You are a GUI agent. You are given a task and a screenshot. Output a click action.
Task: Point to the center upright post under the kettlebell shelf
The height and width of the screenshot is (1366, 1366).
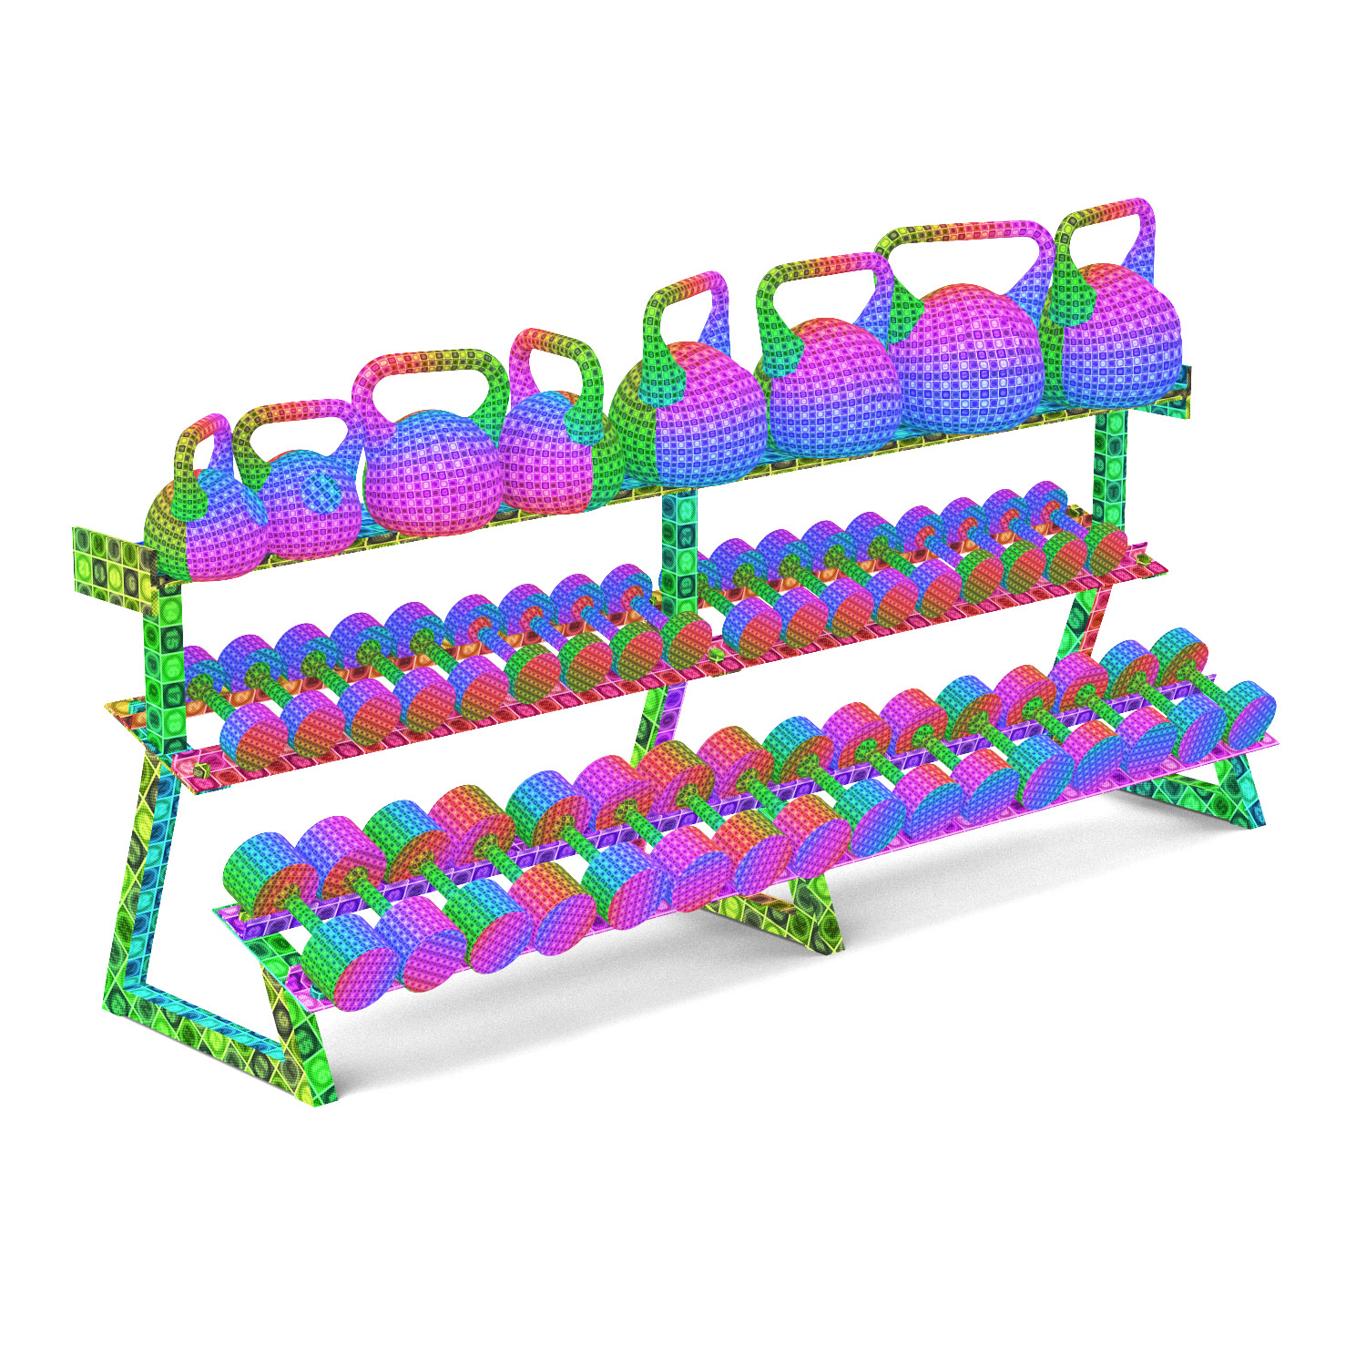678,546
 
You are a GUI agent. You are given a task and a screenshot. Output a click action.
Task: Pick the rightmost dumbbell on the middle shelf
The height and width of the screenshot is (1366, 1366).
1106,546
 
